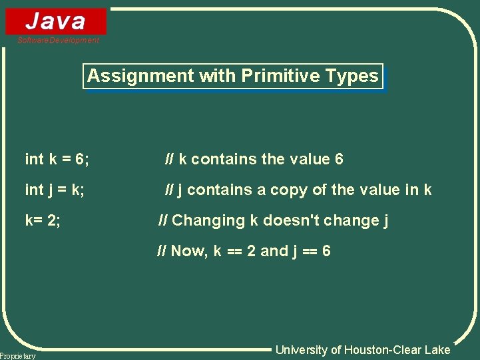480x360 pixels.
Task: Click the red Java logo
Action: (56, 21)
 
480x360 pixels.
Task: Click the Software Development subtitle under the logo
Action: (59, 41)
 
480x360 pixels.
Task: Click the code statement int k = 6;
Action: (57, 160)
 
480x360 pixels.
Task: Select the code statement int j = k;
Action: (55, 190)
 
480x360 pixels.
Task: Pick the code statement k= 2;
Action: (43, 221)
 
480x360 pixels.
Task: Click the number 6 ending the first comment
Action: (339, 160)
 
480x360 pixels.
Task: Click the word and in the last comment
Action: (274, 252)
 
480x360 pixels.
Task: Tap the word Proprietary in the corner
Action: (18, 356)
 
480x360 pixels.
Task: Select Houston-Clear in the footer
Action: (381, 350)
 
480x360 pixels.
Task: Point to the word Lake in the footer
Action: (437, 350)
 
